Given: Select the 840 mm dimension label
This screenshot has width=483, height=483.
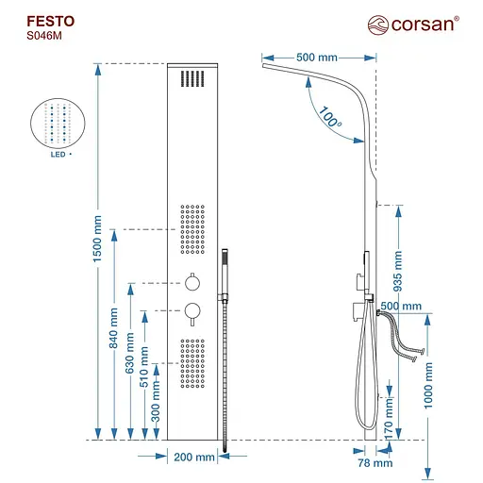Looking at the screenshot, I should tap(114, 327).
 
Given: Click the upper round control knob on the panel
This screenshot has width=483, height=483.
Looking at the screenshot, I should tap(192, 281).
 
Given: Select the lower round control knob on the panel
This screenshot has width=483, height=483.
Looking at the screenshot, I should tap(192, 310).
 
